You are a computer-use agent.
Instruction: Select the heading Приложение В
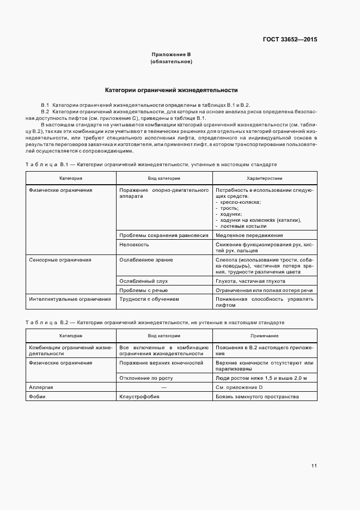click(171, 55)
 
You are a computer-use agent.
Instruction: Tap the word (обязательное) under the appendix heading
click(171, 62)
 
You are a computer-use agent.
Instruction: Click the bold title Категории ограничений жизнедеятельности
click(171, 90)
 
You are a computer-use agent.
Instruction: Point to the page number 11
click(314, 465)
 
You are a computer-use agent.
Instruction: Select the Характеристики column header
click(264, 179)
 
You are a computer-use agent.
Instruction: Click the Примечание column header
click(264, 336)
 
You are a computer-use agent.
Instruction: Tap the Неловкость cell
click(131, 245)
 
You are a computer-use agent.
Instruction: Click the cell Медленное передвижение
click(249, 235)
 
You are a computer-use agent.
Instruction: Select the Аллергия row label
click(41, 387)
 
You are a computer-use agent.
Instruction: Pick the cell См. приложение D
click(239, 387)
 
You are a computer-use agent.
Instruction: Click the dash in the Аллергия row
click(163, 387)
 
